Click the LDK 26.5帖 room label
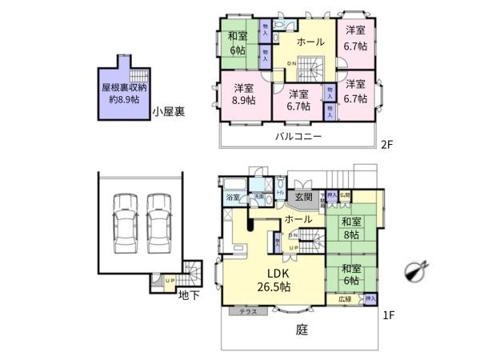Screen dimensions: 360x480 pos(274,280)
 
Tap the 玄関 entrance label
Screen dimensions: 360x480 pos(303,198)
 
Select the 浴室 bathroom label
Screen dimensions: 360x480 pos(234,197)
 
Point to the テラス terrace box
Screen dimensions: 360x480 pos(248,312)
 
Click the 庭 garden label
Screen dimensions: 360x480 pos(302,329)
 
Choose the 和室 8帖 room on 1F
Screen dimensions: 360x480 pos(350,227)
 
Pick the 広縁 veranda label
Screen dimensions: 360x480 pos(344,298)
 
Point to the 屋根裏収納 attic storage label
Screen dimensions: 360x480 pos(123,94)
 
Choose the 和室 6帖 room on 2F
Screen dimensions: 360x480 pos(238,42)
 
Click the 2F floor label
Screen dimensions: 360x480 pos(387,145)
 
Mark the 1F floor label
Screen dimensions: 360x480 pos(388,316)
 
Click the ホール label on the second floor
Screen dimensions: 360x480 pos(310,42)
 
